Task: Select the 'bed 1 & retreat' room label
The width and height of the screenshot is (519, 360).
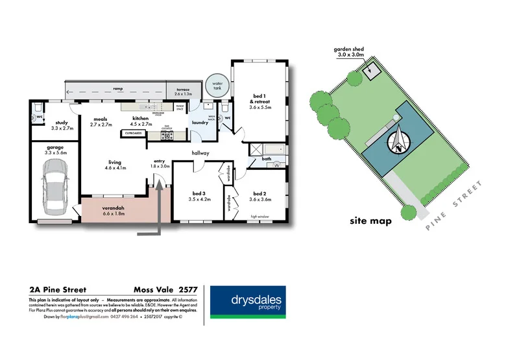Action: click(x=258, y=104)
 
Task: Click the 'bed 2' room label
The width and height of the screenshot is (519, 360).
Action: click(x=259, y=194)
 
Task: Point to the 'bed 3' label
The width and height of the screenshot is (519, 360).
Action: click(x=199, y=194)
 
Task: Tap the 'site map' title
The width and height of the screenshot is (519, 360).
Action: click(x=370, y=221)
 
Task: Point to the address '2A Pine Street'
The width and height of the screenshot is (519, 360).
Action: click(x=58, y=290)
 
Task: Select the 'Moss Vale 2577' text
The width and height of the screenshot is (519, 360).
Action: click(x=166, y=290)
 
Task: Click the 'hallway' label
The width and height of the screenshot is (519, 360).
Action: click(x=200, y=153)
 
